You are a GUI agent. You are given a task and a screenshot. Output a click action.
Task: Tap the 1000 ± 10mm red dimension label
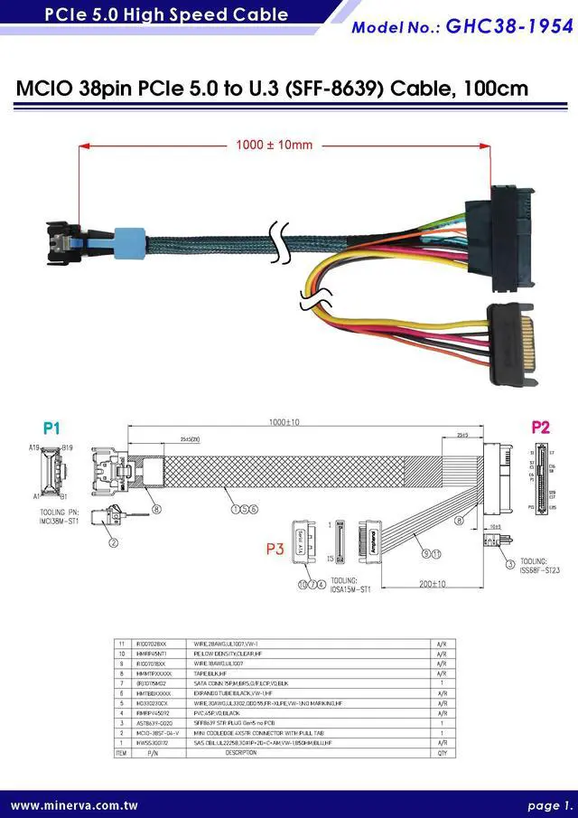click(x=274, y=145)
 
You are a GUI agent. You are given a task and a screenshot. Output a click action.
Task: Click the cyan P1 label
click(x=51, y=427)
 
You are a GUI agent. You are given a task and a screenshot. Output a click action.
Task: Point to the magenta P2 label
click(x=540, y=428)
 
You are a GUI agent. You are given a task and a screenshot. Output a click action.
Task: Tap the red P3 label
click(x=275, y=548)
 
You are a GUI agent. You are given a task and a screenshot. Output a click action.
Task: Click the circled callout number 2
click(x=115, y=543)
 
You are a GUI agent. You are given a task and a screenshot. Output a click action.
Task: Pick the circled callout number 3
click(x=510, y=565)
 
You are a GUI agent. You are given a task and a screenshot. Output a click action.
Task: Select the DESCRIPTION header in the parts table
click(x=240, y=752)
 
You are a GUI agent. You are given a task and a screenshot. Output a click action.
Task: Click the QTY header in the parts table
click(x=441, y=752)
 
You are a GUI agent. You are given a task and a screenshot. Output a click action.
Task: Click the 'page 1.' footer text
click(x=550, y=804)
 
